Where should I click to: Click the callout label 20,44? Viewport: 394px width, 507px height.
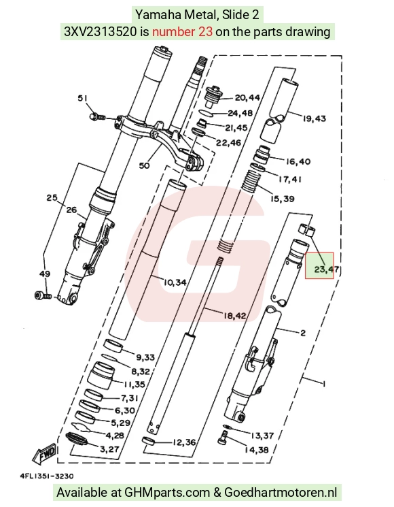coord(247,97)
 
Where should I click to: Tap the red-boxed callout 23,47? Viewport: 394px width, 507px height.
coord(327,269)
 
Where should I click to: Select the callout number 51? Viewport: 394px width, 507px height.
coord(83,98)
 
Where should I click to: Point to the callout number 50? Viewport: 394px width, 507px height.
coord(144,165)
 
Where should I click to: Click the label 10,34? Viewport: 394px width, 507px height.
coord(175,282)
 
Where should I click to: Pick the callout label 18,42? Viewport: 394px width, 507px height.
coord(234,315)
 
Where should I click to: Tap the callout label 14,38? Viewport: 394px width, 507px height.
coord(257,450)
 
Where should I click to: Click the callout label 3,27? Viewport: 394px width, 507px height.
coord(110,449)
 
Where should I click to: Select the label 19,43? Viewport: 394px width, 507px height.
coord(314,118)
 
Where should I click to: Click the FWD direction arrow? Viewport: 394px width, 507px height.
coord(46,454)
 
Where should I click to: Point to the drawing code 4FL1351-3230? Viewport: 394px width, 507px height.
coord(47,476)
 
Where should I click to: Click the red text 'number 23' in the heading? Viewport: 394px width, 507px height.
coord(182,32)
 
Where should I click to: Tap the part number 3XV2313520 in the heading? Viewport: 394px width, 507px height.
coord(101,32)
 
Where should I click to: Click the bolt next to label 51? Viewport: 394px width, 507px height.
coord(98,116)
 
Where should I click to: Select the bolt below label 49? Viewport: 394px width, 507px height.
coord(43,295)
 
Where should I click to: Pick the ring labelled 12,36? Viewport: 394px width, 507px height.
coord(149,441)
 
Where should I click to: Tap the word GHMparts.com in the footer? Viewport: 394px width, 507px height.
coord(167,493)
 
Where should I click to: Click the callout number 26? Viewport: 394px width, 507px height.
coord(71,210)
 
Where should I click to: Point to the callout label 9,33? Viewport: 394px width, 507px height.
coord(145,357)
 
